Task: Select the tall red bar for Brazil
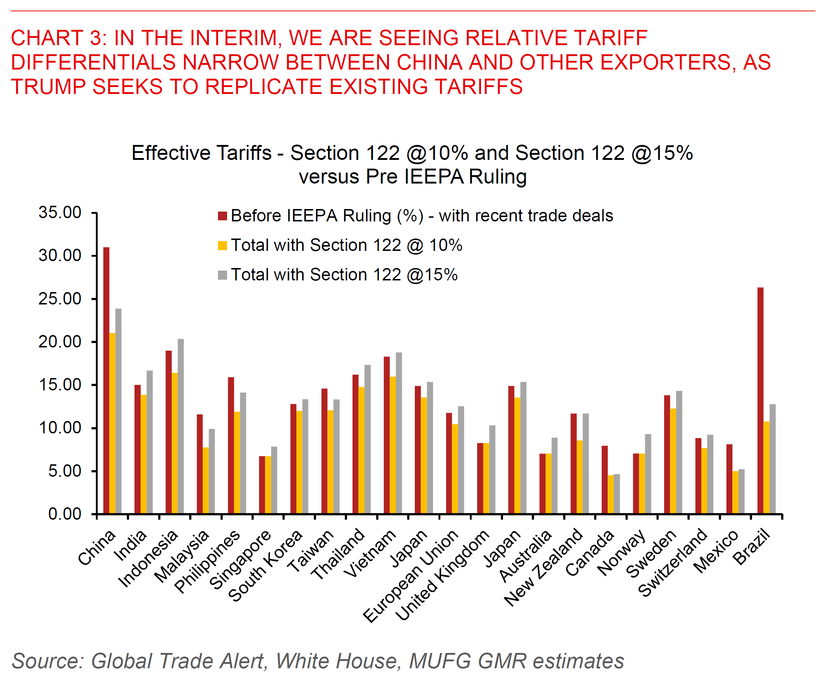coord(760,401)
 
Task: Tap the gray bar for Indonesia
coord(180,426)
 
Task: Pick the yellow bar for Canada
coord(611,495)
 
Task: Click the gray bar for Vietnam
coord(399,433)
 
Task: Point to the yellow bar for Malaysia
coord(206,480)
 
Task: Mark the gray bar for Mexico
coord(741,491)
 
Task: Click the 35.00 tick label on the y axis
coord(60,213)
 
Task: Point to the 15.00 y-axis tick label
coord(60,385)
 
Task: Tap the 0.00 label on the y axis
coord(65,514)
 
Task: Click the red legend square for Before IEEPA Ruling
coord(223,216)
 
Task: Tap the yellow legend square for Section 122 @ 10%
coord(223,245)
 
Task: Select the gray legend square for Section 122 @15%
coord(223,275)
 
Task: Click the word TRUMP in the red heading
coord(47,87)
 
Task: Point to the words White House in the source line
coord(338,661)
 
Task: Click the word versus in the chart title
coord(329,177)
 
